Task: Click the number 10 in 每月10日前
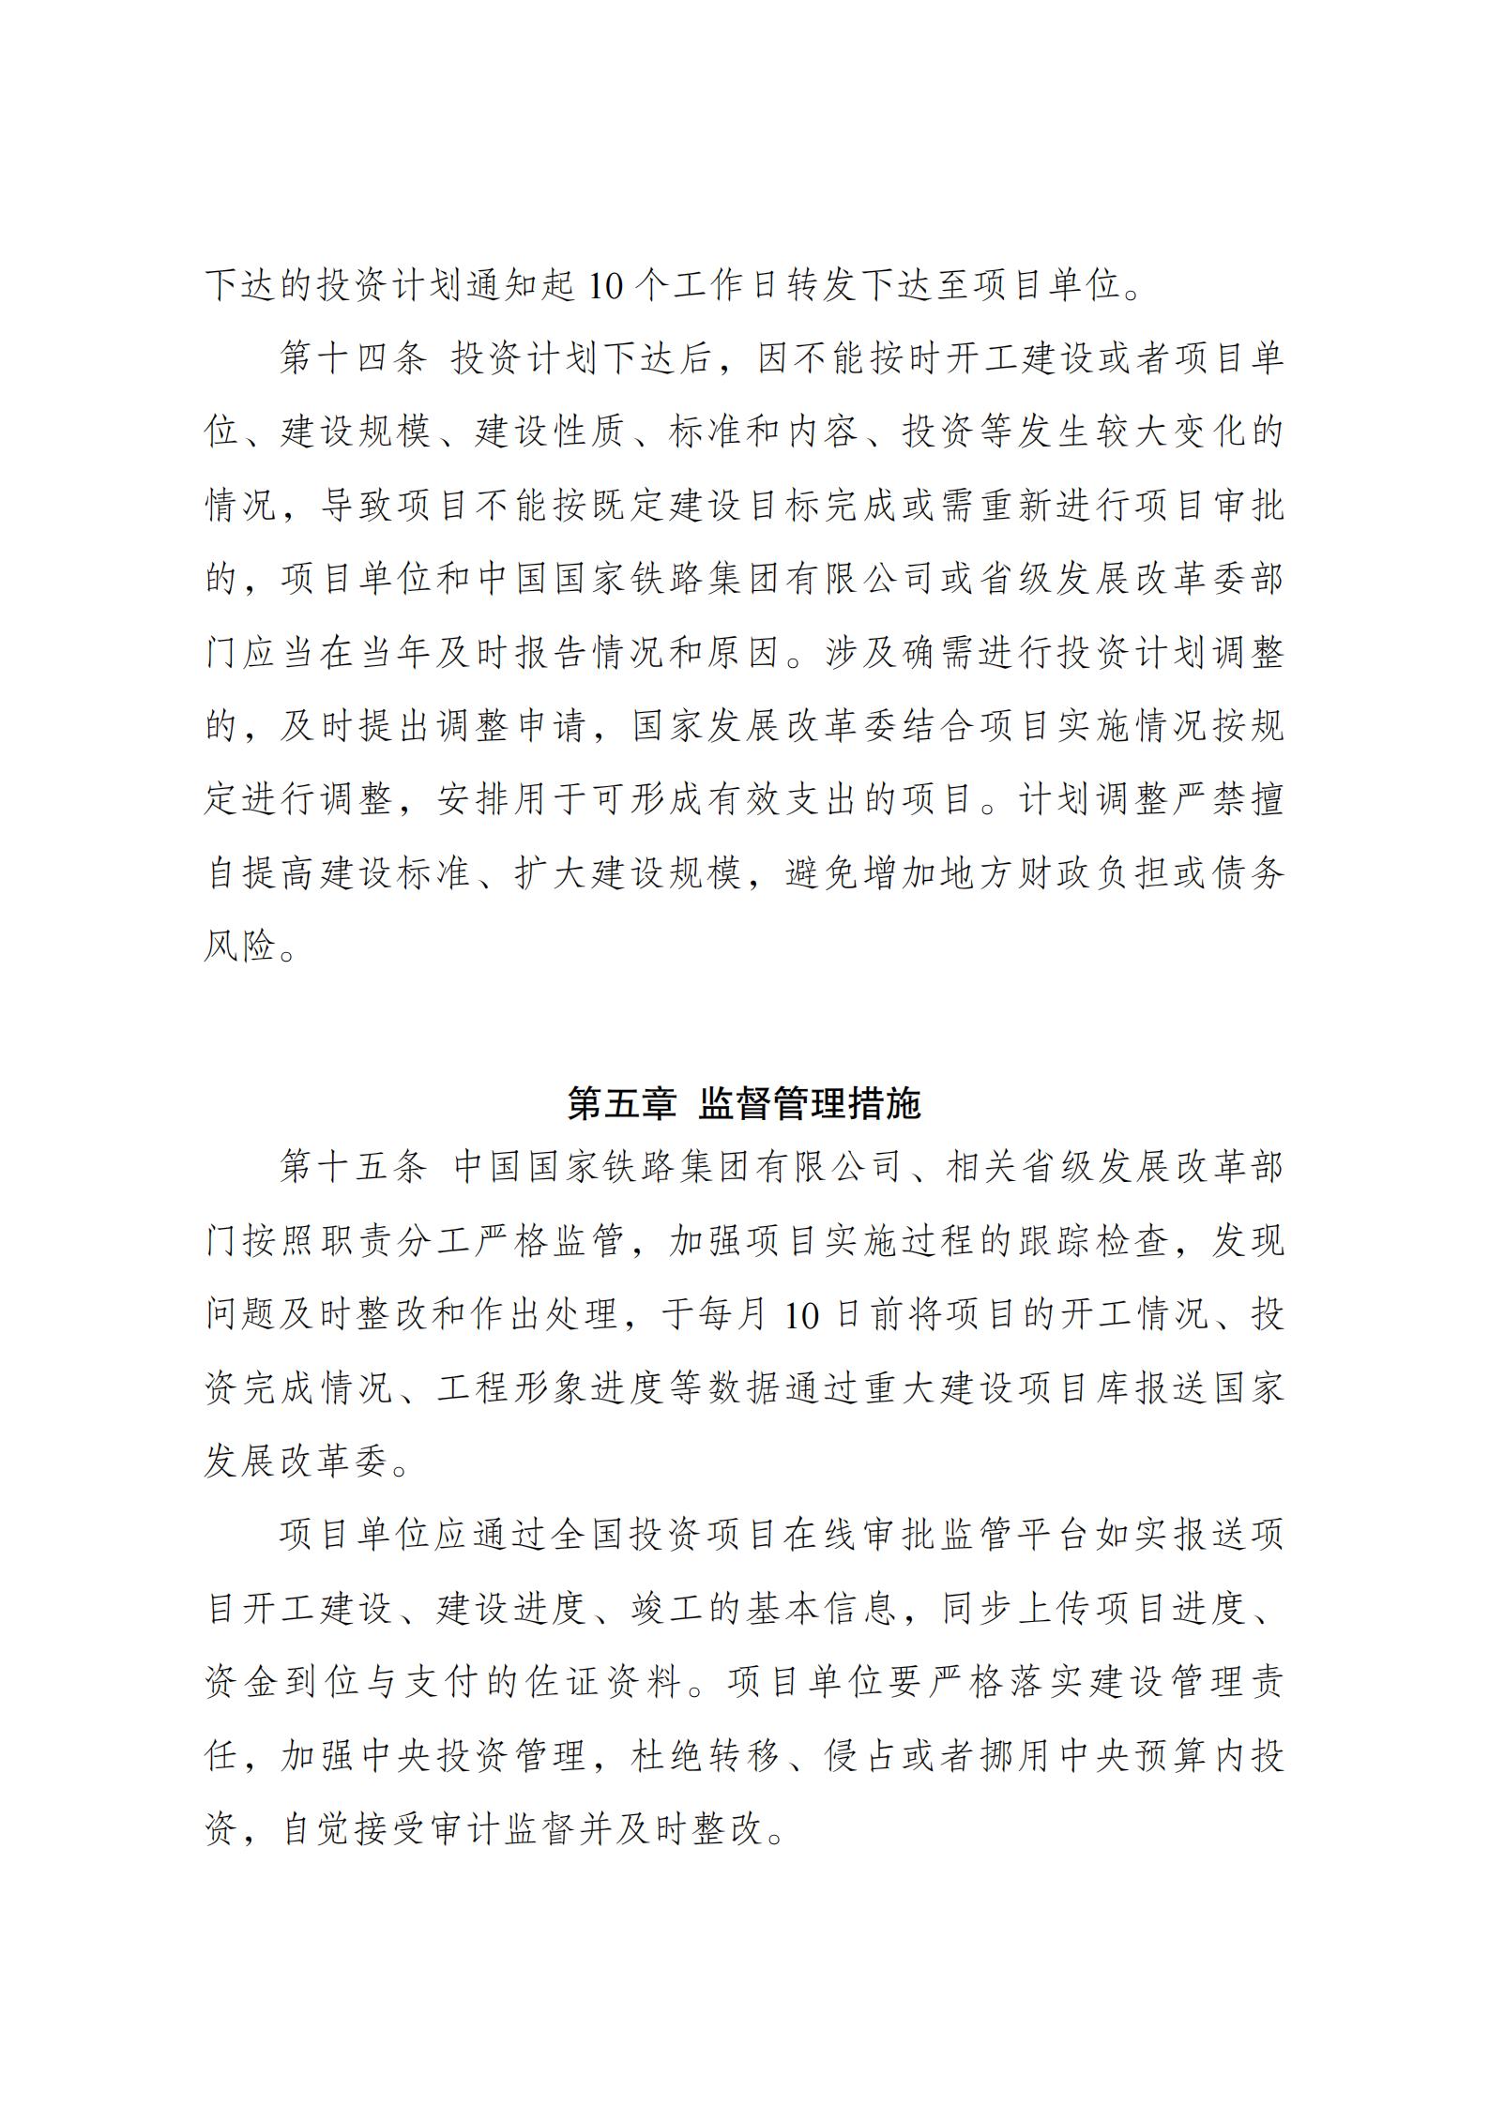click(x=803, y=1316)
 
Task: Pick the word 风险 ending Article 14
click(x=242, y=947)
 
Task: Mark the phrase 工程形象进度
click(x=551, y=1389)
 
